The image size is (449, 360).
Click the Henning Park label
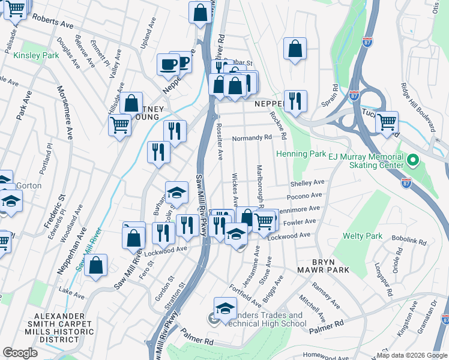click(x=301, y=154)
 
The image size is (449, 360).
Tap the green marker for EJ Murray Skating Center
click(x=412, y=161)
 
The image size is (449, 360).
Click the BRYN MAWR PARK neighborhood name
click(x=330, y=267)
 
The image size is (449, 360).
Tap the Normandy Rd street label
click(x=252, y=137)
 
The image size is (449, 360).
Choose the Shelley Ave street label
click(x=307, y=182)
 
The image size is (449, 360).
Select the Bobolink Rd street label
click(x=409, y=242)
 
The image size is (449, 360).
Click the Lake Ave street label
click(x=72, y=293)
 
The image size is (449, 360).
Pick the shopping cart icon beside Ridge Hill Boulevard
click(x=387, y=122)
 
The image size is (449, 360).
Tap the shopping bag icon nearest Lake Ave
click(x=95, y=265)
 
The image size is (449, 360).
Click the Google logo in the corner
click(x=20, y=353)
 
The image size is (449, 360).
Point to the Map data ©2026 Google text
click(x=411, y=355)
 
